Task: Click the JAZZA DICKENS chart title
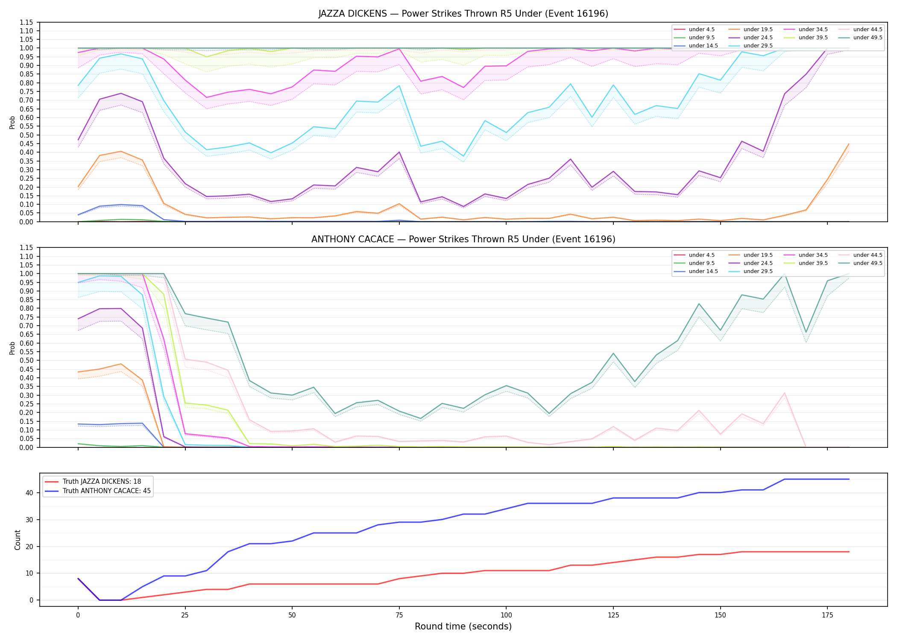[x=463, y=14]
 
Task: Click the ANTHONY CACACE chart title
[x=463, y=239]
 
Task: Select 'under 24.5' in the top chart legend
[x=758, y=38]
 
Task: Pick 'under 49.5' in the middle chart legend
[x=868, y=263]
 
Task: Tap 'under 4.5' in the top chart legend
[x=702, y=29]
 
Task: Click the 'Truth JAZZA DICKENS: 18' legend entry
[x=102, y=482]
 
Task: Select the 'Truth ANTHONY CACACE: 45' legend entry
[x=107, y=491]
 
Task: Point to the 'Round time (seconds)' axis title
[x=463, y=626]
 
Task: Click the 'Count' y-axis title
[x=18, y=540]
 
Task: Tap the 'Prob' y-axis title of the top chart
[x=12, y=122]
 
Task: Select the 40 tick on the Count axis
[x=30, y=493]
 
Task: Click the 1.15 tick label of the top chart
[x=27, y=22]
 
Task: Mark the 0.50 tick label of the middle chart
[x=27, y=360]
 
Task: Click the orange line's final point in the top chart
[x=849, y=144]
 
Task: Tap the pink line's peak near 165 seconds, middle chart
[x=784, y=393]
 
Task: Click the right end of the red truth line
[x=849, y=552]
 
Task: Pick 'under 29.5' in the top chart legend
[x=758, y=46]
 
